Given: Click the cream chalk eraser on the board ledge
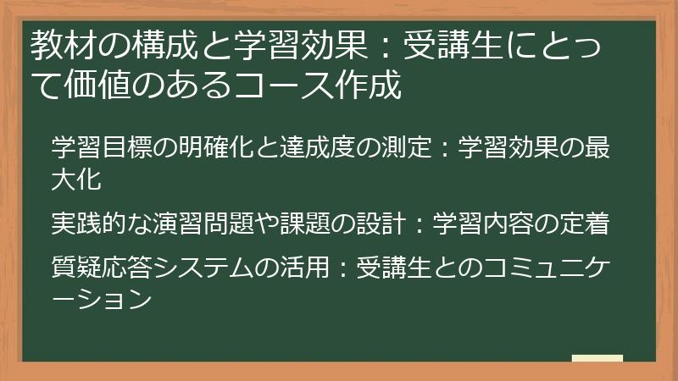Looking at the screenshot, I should coord(597,358).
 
